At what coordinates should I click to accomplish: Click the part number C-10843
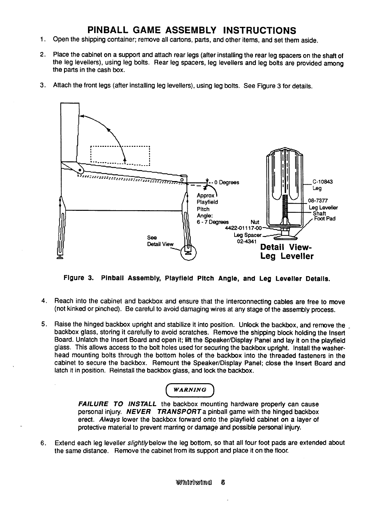[x=321, y=182]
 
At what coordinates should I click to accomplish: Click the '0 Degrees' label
[x=229, y=182]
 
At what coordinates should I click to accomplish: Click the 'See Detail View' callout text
[x=160, y=241]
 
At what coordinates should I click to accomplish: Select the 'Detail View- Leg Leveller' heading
[x=287, y=252]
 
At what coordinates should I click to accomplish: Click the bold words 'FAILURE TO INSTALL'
[x=117, y=404]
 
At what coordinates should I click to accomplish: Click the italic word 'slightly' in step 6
[x=139, y=442]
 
